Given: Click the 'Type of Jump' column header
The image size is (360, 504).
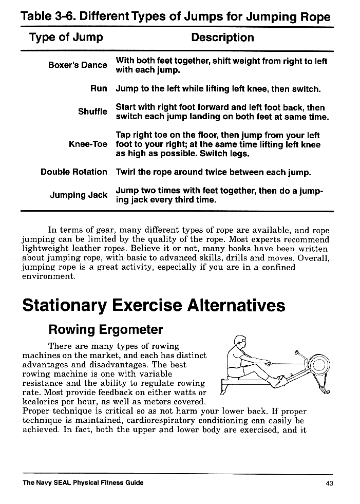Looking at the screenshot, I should tap(66, 38).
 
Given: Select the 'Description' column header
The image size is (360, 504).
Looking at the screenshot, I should tap(222, 38).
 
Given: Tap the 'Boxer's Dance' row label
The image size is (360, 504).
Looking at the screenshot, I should tap(78, 65).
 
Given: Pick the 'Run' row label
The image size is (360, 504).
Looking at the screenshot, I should tap(99, 88).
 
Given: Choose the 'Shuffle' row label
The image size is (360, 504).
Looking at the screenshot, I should tap(92, 111).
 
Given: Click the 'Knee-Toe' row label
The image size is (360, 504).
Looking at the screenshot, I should tap(88, 144).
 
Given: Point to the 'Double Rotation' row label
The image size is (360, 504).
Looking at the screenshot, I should tap(74, 172).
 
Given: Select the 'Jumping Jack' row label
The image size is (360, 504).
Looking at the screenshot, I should tap(79, 195).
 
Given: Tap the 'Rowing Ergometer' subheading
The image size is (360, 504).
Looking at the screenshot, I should tap(105, 329).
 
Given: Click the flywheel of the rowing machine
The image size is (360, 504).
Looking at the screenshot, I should tap(318, 366).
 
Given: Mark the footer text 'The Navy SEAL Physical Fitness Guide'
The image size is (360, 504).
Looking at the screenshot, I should tap(83, 483).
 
